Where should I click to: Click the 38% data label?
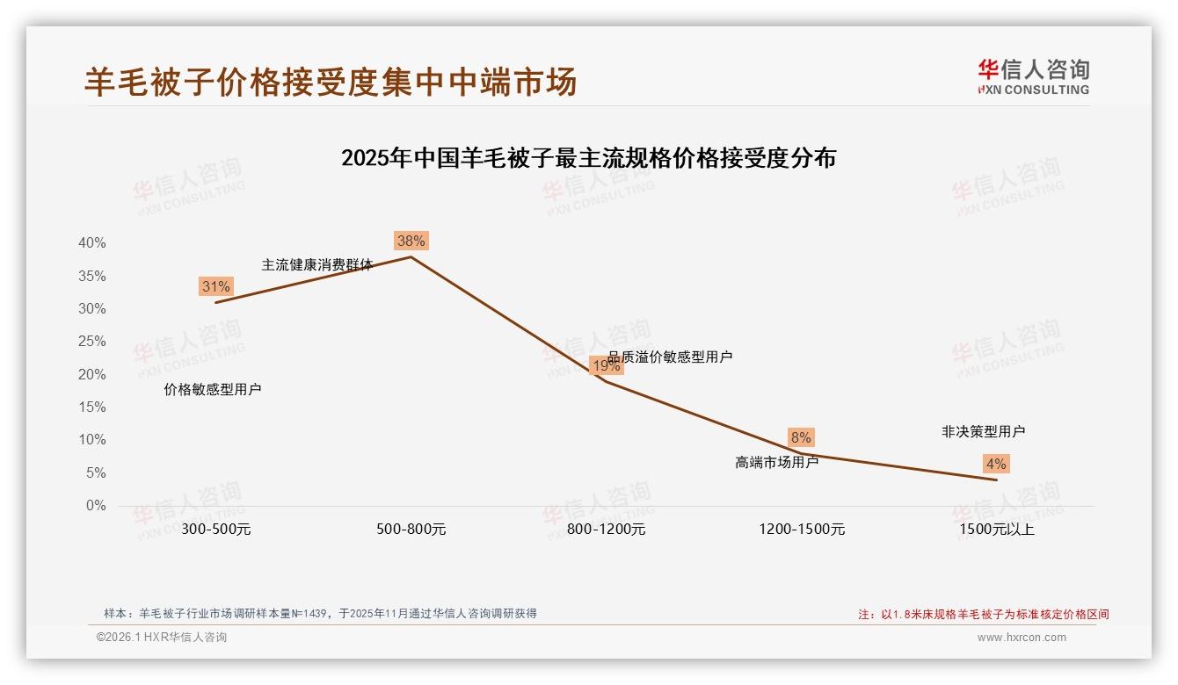(411, 241)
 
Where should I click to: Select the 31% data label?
(215, 286)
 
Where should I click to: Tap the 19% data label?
(606, 365)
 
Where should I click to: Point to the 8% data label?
(801, 437)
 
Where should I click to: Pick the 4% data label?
(996, 464)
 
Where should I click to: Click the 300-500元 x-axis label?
(216, 530)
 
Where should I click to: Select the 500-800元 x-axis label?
(411, 530)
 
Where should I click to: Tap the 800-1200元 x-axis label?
(607, 530)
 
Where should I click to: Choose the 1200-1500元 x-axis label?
(802, 530)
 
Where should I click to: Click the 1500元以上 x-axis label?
(997, 530)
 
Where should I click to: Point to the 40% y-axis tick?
(92, 243)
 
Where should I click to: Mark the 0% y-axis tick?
(96, 506)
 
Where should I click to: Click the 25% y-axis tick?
(92, 342)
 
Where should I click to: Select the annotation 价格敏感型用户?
(213, 390)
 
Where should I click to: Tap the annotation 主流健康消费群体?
(316, 264)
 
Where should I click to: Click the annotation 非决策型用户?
(983, 432)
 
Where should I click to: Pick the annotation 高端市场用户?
(776, 462)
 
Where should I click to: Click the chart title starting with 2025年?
(588, 159)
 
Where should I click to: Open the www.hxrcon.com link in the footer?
(1022, 638)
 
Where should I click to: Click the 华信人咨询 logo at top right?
(1033, 76)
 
